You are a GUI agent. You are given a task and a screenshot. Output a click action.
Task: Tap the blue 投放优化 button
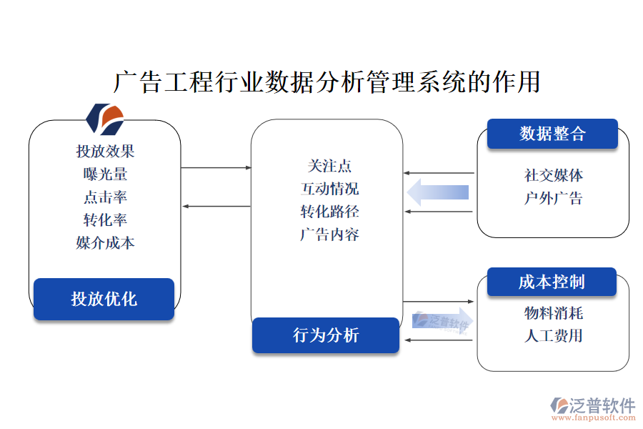point(104,299)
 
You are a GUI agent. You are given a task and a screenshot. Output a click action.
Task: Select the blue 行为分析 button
point(325,335)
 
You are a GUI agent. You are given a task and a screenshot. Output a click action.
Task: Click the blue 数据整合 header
point(552,134)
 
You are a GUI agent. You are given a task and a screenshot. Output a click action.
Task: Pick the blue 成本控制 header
point(552,282)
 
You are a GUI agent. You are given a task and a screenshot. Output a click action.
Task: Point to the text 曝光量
point(105,174)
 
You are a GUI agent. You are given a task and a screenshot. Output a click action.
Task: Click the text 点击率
point(105,197)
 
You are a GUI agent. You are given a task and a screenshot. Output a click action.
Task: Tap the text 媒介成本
point(105,242)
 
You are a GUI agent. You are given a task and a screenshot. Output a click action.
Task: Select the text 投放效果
point(105,151)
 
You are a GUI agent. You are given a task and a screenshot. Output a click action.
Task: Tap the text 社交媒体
point(553,175)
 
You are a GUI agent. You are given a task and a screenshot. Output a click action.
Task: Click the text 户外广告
point(553,198)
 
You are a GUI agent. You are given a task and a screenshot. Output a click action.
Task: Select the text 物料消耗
point(553,312)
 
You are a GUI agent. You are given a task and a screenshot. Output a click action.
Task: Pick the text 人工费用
point(553,335)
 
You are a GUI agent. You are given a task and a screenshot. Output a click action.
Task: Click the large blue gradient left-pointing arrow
point(438,192)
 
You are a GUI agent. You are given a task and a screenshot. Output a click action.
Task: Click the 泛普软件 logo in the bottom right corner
point(593,408)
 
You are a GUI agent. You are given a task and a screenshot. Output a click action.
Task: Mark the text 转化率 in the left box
point(105,220)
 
